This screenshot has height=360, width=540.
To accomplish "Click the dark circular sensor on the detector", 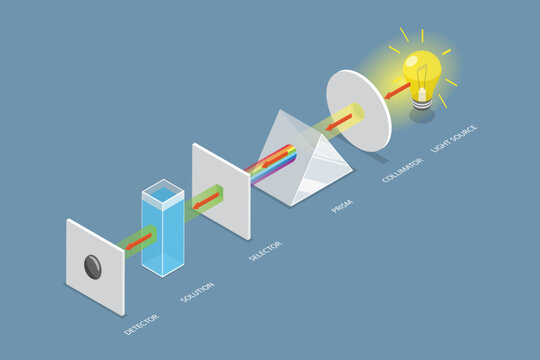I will pyautogui.click(x=93, y=265).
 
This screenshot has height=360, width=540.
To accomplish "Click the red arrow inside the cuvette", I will pyautogui.click(x=145, y=237).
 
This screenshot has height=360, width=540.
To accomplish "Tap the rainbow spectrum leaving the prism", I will pyautogui.click(x=275, y=160).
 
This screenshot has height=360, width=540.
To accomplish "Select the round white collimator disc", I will pyautogui.click(x=358, y=107).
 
